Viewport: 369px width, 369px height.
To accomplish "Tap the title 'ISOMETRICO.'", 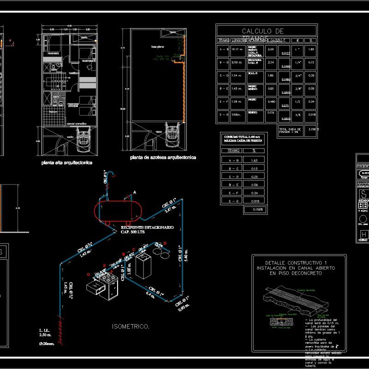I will tap(131, 327).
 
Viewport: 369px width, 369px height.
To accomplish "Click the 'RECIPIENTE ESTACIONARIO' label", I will tap(147, 227).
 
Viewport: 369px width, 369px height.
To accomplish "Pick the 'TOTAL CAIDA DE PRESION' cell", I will tap(291, 131).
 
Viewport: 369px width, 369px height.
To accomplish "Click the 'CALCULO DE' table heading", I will tap(262, 31).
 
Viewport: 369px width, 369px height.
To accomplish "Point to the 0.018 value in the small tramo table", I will tap(254, 201).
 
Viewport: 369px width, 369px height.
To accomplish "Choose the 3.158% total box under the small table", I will tap(255, 210).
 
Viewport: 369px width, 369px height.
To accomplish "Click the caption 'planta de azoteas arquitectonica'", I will tap(163, 158).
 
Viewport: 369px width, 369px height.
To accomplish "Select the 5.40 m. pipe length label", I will tap(186, 255).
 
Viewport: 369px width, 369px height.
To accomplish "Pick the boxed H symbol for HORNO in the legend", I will tap(363, 235).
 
